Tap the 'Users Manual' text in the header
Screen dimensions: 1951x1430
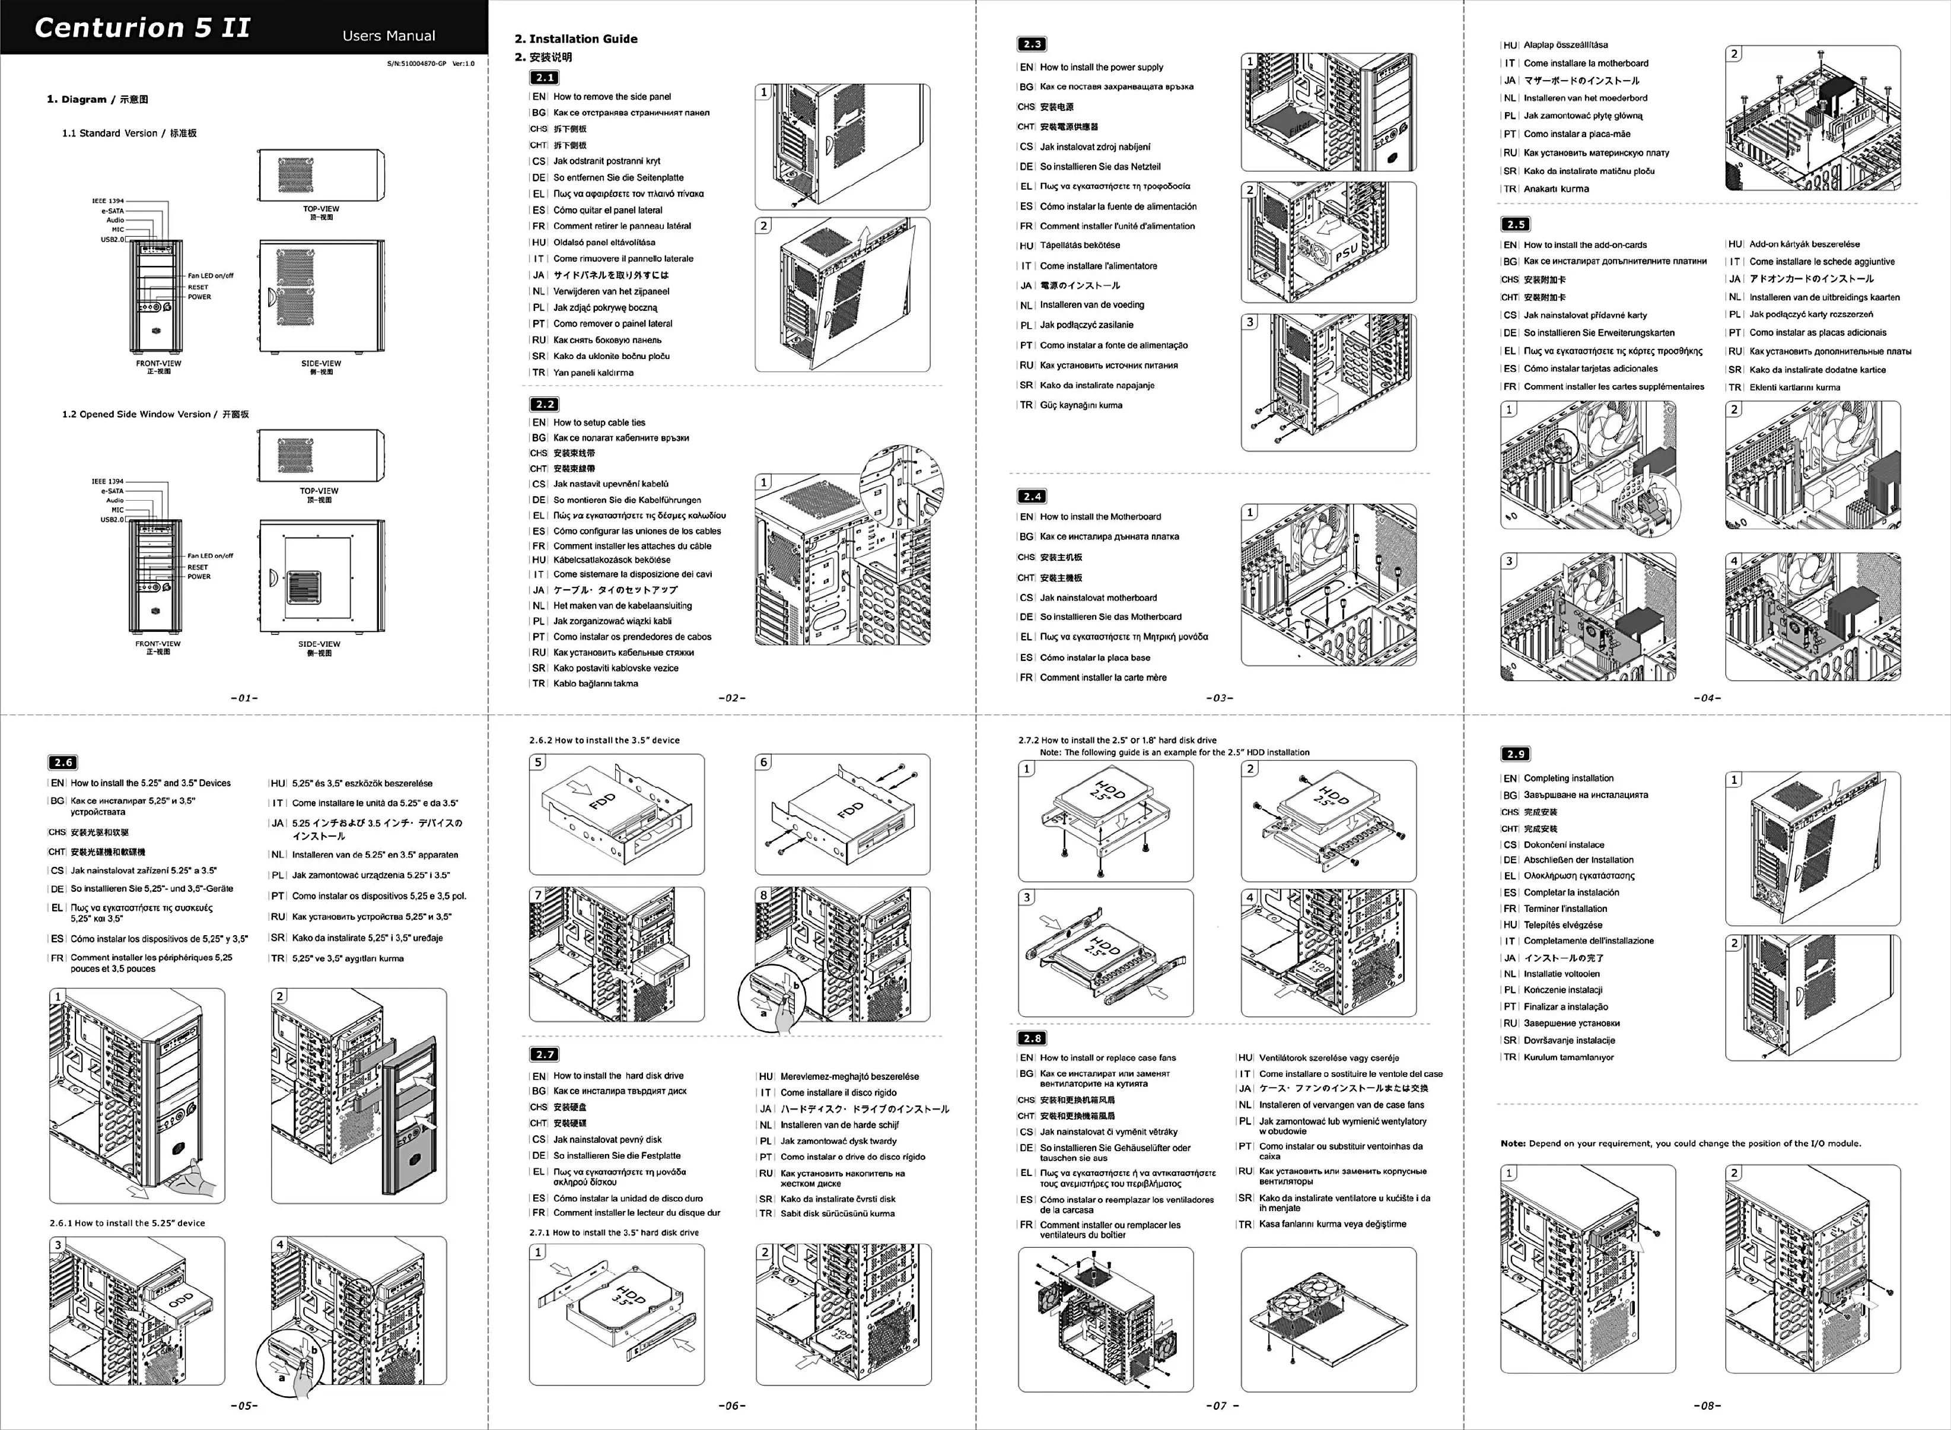coord(389,36)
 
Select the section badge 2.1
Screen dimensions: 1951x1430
coord(544,78)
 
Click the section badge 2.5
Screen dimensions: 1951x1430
coord(1515,224)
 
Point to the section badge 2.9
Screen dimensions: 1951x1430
coord(1515,754)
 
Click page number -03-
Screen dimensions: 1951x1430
coord(1219,698)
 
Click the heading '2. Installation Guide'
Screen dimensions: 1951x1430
coord(575,39)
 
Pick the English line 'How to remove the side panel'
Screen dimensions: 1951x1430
coord(612,97)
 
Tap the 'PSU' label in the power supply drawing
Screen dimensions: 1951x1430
coord(1346,252)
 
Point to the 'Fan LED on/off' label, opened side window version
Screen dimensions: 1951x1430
coord(210,556)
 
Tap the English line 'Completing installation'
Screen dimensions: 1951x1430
coord(1568,778)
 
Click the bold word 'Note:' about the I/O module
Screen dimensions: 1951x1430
coord(1513,1143)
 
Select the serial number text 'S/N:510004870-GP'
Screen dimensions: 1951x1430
coord(416,63)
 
